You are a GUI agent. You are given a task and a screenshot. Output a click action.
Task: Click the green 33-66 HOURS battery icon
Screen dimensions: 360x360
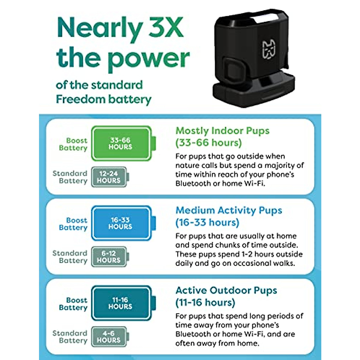(x=121, y=143)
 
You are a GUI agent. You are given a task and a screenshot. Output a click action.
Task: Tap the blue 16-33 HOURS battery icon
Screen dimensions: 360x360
(x=121, y=223)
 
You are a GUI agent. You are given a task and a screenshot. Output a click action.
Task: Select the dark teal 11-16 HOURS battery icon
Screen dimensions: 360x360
(x=121, y=303)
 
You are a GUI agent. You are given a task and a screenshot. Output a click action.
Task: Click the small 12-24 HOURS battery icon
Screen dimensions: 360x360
(x=109, y=177)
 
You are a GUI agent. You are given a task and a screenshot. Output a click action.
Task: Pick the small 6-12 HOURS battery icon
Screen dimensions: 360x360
(x=109, y=257)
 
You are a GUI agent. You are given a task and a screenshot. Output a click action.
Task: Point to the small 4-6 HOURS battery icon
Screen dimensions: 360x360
(x=109, y=337)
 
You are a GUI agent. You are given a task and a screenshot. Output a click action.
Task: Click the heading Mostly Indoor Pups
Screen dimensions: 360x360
(x=222, y=131)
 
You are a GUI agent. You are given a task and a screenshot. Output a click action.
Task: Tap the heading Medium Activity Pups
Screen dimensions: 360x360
(x=229, y=210)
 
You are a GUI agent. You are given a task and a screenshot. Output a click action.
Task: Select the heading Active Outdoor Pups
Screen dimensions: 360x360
(x=226, y=290)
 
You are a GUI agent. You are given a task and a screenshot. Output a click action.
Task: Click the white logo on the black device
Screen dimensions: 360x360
(x=269, y=49)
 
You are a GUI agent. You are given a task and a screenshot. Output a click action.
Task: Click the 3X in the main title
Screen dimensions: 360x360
(x=166, y=28)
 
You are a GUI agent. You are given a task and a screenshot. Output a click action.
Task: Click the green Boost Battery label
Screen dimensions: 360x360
(x=73, y=144)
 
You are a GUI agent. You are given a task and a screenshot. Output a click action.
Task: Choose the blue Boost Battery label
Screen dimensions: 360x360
(x=73, y=224)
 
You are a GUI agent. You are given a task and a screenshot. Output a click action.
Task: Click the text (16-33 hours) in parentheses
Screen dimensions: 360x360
(x=207, y=223)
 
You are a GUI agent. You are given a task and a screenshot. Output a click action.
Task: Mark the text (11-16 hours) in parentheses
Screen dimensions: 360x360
(x=205, y=302)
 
